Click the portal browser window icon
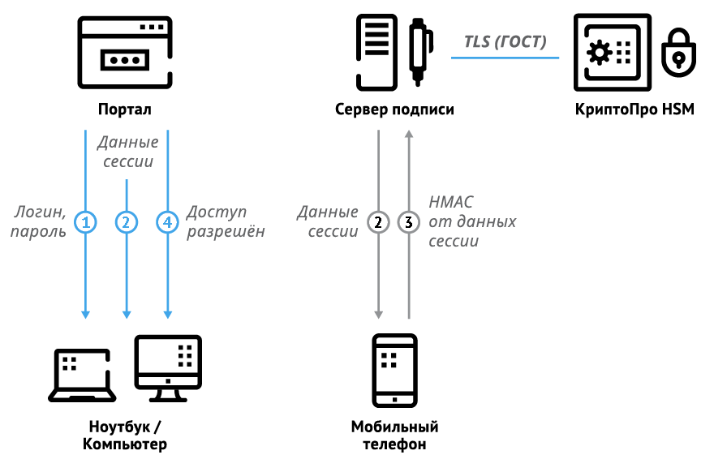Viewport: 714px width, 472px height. click(125, 52)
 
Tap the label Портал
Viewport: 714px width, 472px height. click(125, 109)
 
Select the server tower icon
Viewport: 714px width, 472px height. click(376, 52)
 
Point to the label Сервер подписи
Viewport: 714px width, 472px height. click(394, 109)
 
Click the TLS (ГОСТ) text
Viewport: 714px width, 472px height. click(505, 41)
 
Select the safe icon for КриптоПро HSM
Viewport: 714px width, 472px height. click(611, 52)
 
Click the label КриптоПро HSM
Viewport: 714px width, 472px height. click(634, 109)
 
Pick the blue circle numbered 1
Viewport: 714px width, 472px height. click(85, 221)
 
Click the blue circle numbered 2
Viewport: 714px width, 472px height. click(126, 221)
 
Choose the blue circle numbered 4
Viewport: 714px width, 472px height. click(166, 221)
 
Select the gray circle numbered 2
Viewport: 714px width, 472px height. click(378, 221)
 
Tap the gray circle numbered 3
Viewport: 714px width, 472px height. click(409, 221)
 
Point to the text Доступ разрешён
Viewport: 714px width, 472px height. click(226, 221)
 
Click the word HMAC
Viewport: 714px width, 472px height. click(450, 202)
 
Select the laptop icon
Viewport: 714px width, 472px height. click(83, 376)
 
